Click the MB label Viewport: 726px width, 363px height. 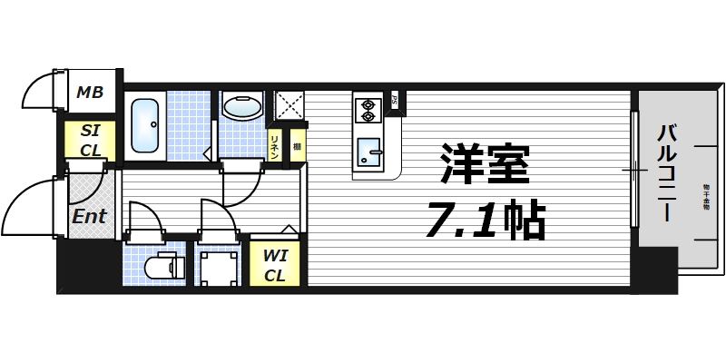(x=89, y=92)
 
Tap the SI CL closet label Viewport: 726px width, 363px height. (x=90, y=141)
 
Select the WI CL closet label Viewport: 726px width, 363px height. (x=275, y=264)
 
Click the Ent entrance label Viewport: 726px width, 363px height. (x=90, y=217)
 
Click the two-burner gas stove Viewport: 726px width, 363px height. (x=368, y=110)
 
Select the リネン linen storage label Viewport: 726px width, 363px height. (x=275, y=146)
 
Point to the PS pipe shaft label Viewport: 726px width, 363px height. (x=395, y=101)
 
